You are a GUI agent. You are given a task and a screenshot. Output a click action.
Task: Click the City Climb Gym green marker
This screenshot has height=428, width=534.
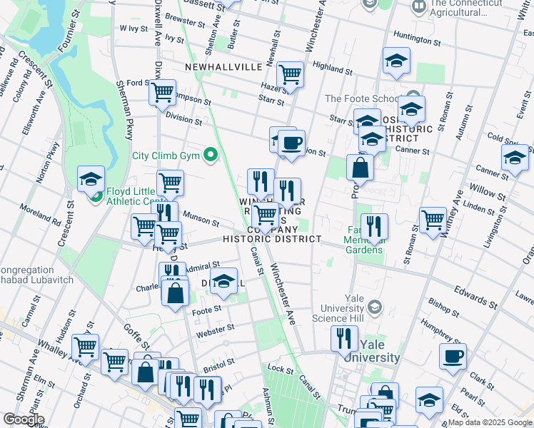click(x=210, y=154)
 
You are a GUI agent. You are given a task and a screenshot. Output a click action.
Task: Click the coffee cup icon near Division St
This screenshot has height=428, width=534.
click(x=291, y=143)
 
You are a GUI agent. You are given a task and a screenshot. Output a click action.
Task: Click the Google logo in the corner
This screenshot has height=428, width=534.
click(x=24, y=419)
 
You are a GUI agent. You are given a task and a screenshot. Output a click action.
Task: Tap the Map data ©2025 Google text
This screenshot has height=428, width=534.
click(x=489, y=422)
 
